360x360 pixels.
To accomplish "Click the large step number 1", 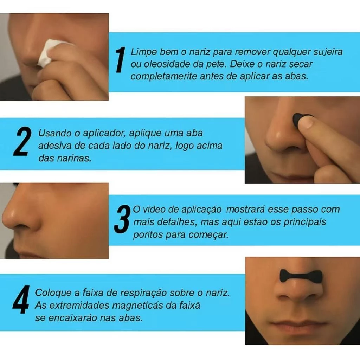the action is [x=121, y=60].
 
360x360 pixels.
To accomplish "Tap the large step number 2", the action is [x=22, y=141].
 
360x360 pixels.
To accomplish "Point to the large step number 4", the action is [x=21, y=300].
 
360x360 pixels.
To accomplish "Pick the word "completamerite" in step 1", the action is [x=164, y=76].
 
